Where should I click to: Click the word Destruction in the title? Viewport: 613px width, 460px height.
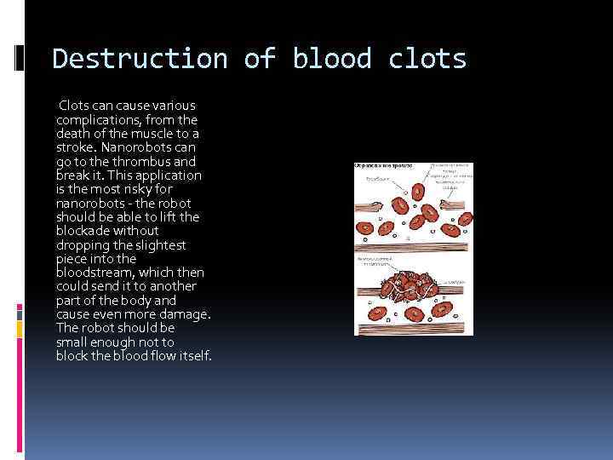pos(140,59)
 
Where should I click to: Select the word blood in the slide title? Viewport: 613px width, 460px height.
pos(331,59)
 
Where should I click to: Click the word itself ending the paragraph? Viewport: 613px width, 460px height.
pos(192,355)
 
